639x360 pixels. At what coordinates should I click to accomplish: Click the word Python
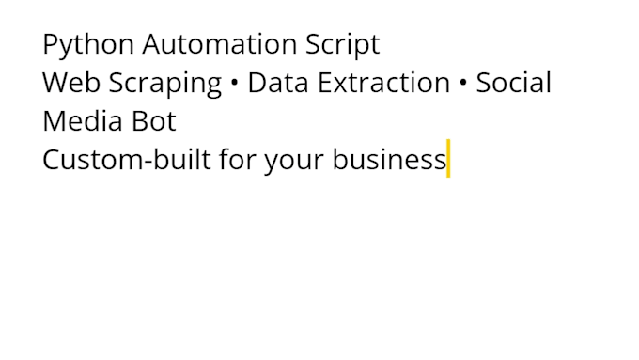tap(88, 45)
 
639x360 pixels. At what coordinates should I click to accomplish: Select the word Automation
tap(220, 43)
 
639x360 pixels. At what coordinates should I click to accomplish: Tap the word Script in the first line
tap(343, 45)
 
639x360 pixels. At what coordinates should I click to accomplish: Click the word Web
tap(71, 82)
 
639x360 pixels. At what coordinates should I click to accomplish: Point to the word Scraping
tap(165, 84)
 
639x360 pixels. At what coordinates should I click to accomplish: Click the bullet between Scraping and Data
tap(234, 83)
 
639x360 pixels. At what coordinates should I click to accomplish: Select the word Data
tap(278, 83)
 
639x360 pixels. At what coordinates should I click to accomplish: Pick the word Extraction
tap(384, 83)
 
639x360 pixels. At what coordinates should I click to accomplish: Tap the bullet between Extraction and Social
tap(463, 83)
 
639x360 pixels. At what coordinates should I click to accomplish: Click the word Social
tap(513, 82)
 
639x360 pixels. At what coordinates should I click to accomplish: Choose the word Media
tap(83, 120)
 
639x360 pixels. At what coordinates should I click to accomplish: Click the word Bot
tap(154, 121)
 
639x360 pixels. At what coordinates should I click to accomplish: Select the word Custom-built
tap(127, 159)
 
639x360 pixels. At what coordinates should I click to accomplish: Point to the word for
tap(238, 159)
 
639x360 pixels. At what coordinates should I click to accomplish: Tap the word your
tap(294, 162)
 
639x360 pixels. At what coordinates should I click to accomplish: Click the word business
tap(389, 159)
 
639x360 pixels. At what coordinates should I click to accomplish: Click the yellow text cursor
tap(448, 158)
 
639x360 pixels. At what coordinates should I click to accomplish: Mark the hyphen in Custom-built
tap(148, 162)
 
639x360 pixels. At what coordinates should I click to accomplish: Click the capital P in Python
tap(50, 43)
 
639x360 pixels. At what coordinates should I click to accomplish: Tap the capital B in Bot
tap(139, 121)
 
